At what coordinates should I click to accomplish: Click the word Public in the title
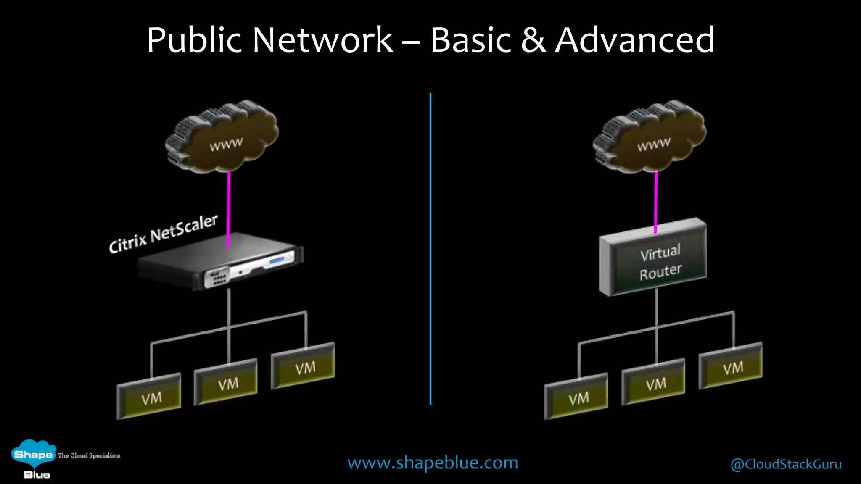point(194,40)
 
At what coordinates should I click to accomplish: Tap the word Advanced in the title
point(634,40)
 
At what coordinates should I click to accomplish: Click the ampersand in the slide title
point(533,40)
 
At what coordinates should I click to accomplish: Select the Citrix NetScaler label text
point(163,234)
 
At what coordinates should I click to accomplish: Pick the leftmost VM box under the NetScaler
point(149,397)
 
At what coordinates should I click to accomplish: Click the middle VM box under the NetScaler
point(226,382)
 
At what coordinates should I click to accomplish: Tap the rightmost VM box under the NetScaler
point(303,366)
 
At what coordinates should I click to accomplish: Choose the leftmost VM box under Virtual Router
point(576,397)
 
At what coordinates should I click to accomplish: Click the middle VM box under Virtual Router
point(653,382)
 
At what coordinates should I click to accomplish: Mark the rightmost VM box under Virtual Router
point(731,366)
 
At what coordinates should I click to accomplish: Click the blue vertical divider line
point(430,248)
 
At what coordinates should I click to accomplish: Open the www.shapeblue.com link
point(433,463)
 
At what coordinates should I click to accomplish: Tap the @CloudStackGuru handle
point(786,464)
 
